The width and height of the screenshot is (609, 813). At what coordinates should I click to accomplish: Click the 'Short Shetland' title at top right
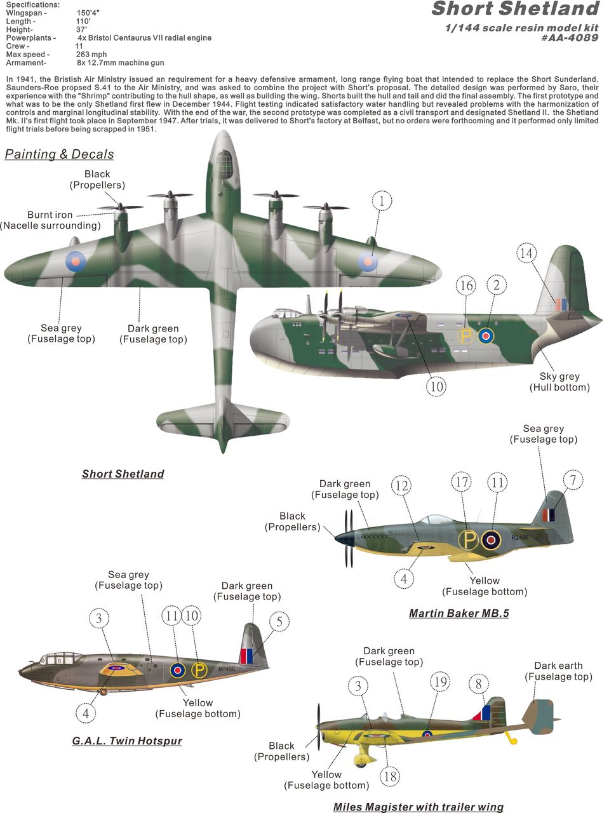coord(516,9)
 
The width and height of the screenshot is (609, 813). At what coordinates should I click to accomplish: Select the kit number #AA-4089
coord(570,37)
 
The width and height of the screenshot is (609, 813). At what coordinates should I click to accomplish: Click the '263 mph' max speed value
coord(91,55)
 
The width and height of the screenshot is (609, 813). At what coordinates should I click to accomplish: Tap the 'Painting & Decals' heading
coord(59,154)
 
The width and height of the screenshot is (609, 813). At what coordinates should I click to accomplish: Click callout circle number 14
coord(526,253)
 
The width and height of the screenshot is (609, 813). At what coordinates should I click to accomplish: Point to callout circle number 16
coord(465,286)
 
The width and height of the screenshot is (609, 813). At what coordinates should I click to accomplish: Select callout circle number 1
coord(381,201)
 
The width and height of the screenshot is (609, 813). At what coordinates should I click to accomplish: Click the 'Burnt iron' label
coord(50,215)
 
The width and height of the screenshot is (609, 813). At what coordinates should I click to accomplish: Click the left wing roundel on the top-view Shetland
coord(76,261)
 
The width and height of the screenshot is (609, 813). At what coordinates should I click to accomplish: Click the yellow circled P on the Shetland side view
coord(465,336)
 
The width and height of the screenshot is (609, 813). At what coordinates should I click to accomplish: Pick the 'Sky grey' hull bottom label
coord(559,376)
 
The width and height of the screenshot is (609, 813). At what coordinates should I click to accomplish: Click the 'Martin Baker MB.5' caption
coord(459,614)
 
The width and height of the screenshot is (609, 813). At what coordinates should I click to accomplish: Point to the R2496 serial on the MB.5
coord(520,537)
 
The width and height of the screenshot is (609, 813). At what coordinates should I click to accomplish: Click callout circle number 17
coord(461,482)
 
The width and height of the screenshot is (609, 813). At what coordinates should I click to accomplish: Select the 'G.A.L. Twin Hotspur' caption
coord(127,730)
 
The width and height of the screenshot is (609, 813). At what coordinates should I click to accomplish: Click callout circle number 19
coord(440,682)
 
